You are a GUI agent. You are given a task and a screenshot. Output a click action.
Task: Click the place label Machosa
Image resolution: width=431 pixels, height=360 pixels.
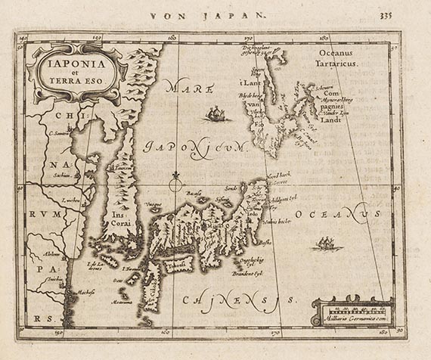pyautogui.click(x=83, y=291)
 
